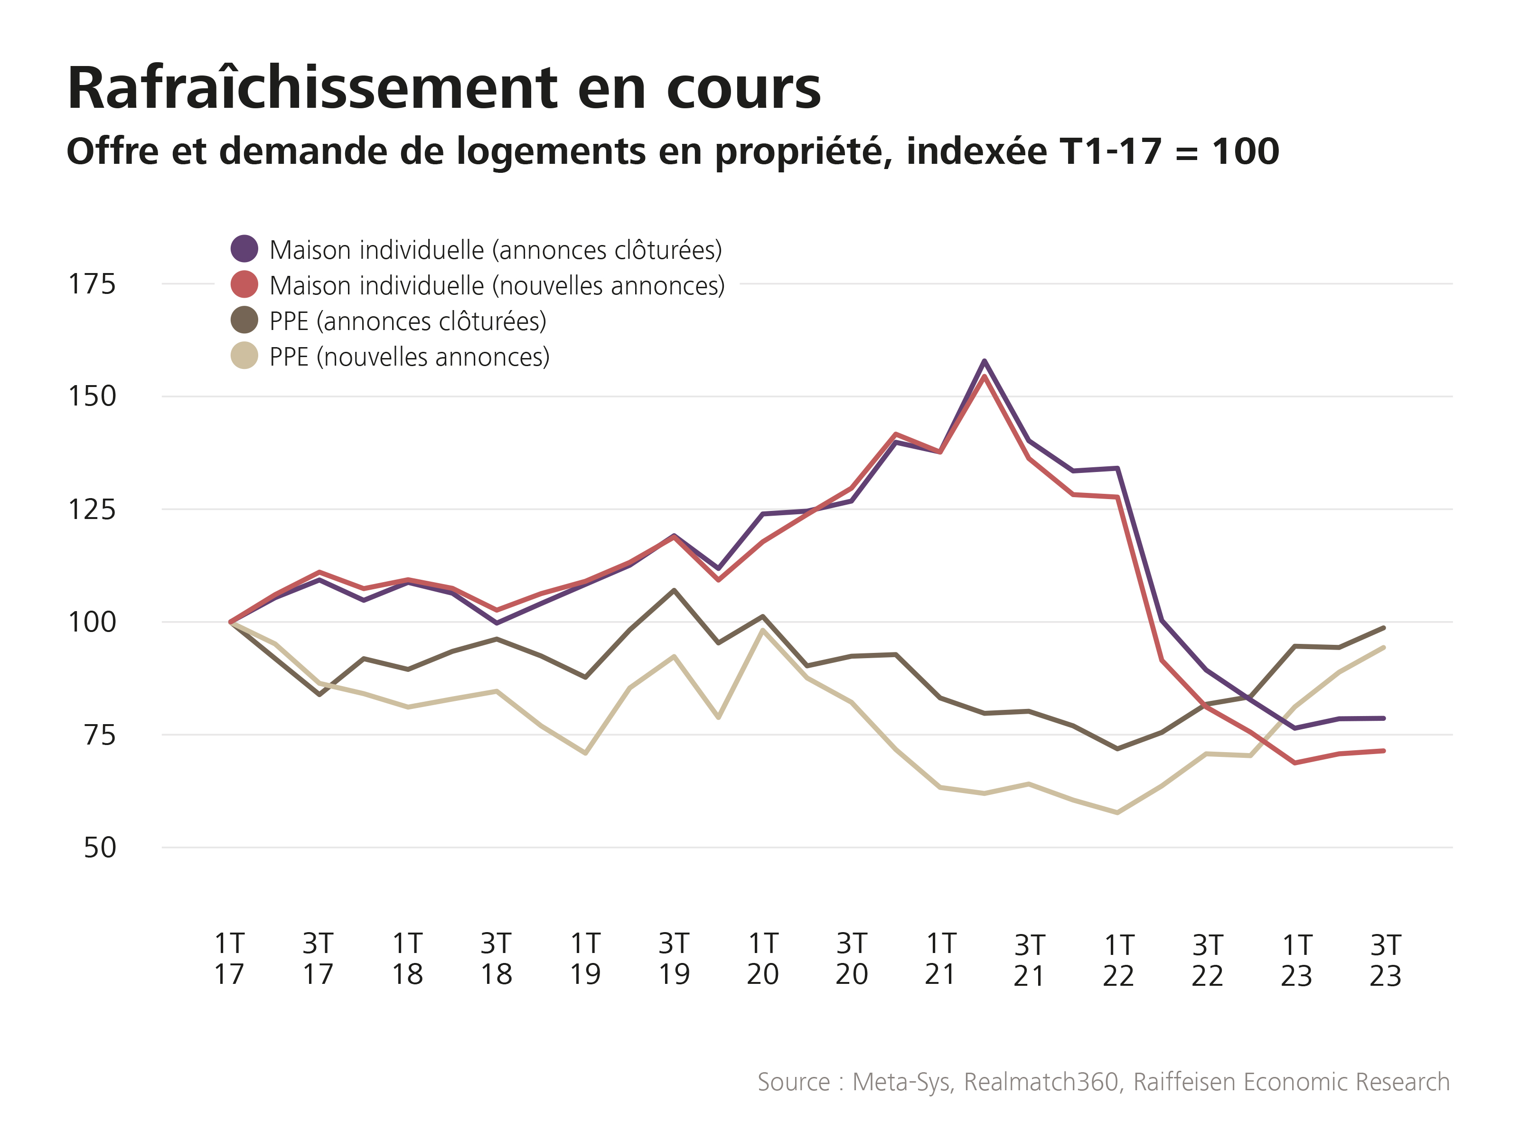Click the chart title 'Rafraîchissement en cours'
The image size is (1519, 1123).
[x=444, y=88]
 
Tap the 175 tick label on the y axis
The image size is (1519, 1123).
[x=92, y=284]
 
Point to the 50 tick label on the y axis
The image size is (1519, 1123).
[x=100, y=848]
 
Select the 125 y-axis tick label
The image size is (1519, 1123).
[x=92, y=509]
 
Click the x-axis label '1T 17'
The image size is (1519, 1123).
[x=229, y=959]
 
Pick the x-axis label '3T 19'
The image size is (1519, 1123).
[x=674, y=959]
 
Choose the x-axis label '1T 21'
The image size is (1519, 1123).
[x=941, y=959]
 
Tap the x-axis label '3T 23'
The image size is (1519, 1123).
[x=1385, y=960]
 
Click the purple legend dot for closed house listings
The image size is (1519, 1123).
[x=244, y=249]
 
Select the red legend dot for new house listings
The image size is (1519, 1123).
[x=244, y=284]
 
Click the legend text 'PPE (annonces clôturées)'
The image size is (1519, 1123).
[x=408, y=321]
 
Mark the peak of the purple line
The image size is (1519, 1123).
[x=984, y=361]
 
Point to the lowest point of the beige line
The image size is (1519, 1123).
[x=1117, y=812]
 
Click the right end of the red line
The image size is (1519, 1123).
[x=1384, y=750]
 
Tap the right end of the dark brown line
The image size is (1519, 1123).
[x=1384, y=627]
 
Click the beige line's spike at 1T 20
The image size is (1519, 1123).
[x=762, y=630]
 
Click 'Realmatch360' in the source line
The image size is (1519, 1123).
[x=1041, y=1082]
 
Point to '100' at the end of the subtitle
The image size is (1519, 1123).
[x=1246, y=151]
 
